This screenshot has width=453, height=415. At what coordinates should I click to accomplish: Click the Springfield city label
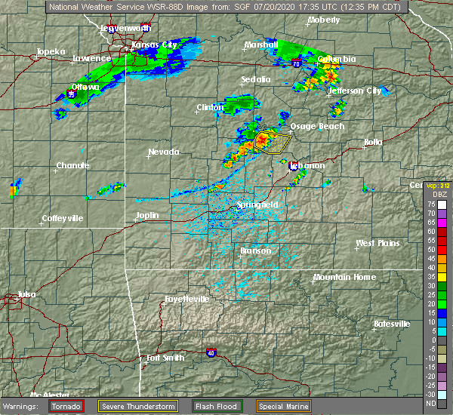coord(258,204)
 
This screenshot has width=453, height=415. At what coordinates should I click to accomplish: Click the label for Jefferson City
coord(354,91)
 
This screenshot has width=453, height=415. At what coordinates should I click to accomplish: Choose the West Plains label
coord(377,243)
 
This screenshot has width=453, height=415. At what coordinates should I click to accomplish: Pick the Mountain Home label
coord(344,277)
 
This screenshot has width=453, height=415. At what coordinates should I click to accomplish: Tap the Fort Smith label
coord(165,358)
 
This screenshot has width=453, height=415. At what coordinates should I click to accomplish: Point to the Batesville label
coord(392,324)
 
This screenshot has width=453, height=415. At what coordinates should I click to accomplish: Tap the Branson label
coord(255,251)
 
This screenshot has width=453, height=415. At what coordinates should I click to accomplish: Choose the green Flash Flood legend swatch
coord(202,406)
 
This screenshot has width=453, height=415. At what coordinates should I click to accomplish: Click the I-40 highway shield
coord(211,352)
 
